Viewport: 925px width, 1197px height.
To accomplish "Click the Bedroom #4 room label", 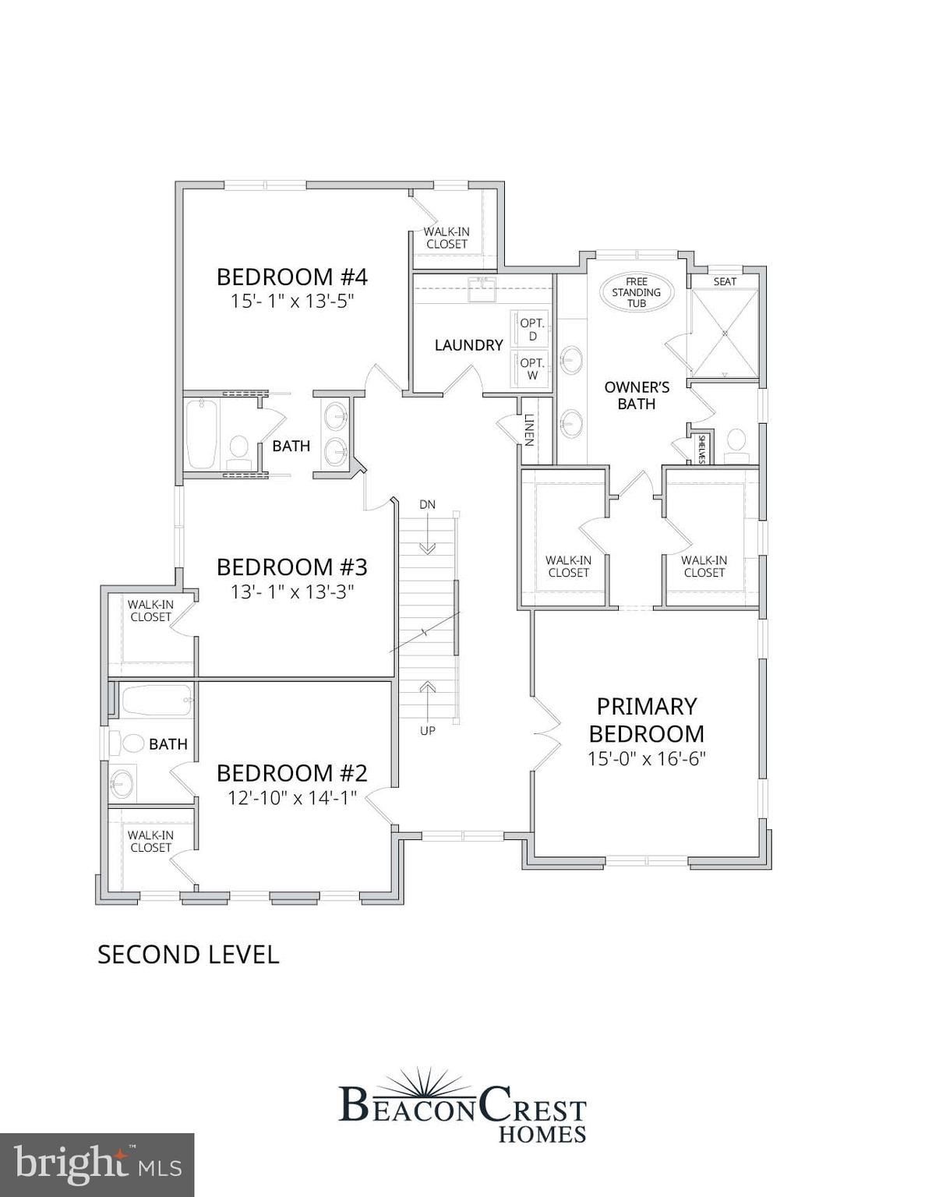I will (x=291, y=277).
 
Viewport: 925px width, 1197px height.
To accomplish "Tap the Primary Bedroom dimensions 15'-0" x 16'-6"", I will (x=646, y=759).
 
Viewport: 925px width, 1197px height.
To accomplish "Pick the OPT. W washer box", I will (x=532, y=369).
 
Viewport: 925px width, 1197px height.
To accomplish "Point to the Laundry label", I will (x=468, y=344).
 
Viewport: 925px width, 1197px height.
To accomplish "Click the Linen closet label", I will (x=529, y=430).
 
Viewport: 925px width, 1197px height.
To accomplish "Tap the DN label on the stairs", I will (x=427, y=504).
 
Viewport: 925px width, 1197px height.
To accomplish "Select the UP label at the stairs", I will (x=427, y=731).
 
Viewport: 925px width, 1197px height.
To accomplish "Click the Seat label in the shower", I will (x=725, y=281).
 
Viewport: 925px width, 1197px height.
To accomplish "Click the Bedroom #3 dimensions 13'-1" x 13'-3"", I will (x=291, y=592).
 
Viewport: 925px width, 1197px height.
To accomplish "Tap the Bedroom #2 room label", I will (x=291, y=773).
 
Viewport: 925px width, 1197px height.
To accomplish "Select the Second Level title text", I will (x=188, y=955).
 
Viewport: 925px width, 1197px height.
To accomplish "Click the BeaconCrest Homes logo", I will (x=463, y=1107).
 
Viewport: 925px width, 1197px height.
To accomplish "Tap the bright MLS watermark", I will (x=97, y=1164).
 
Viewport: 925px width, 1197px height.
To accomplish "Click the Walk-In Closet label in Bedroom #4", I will (x=447, y=238).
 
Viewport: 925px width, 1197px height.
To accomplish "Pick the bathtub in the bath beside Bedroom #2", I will (x=156, y=701).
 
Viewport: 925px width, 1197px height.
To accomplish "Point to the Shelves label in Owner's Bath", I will (x=701, y=450).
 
